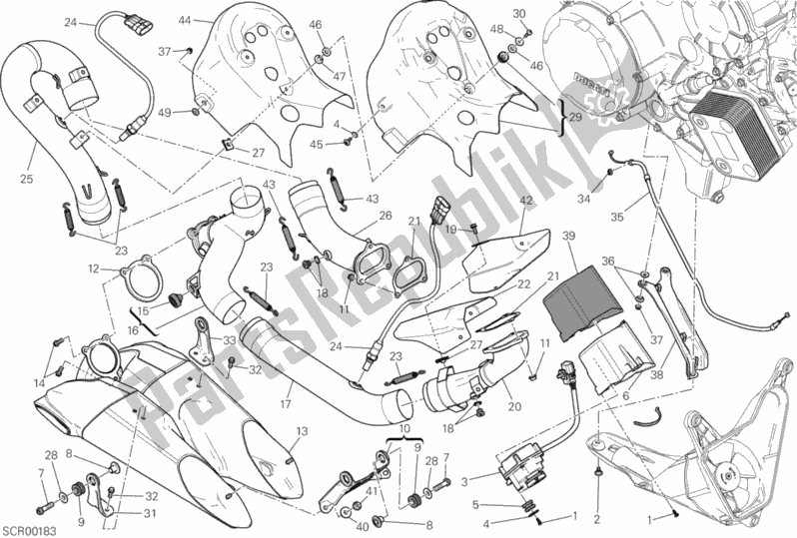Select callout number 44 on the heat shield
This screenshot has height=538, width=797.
click(185, 19)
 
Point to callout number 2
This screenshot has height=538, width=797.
click(596, 518)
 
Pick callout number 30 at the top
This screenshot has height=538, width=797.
click(519, 13)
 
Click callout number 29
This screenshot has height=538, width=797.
click(575, 118)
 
